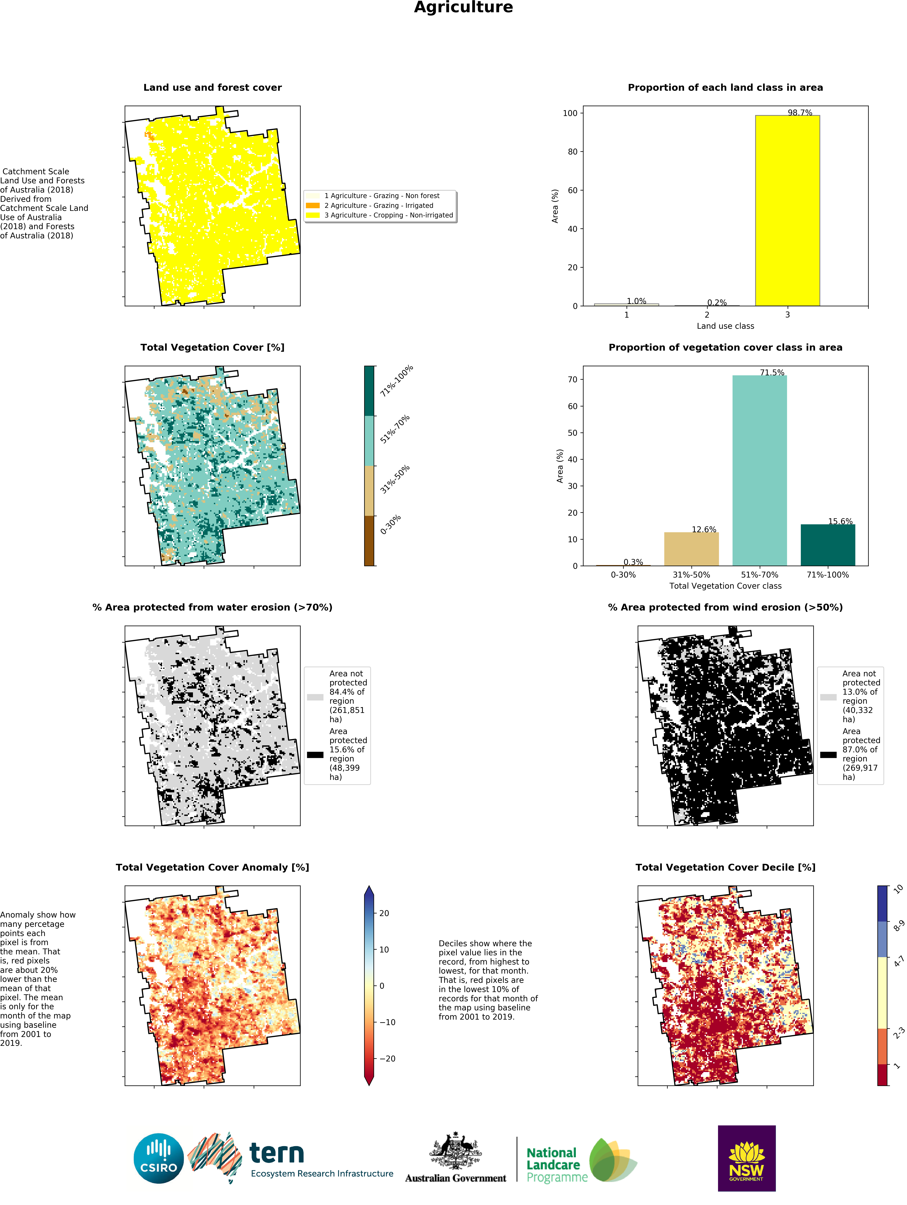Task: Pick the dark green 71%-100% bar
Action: (x=827, y=545)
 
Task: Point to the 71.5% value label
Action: (x=772, y=373)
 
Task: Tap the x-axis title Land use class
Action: (x=725, y=326)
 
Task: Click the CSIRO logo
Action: (x=158, y=1158)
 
